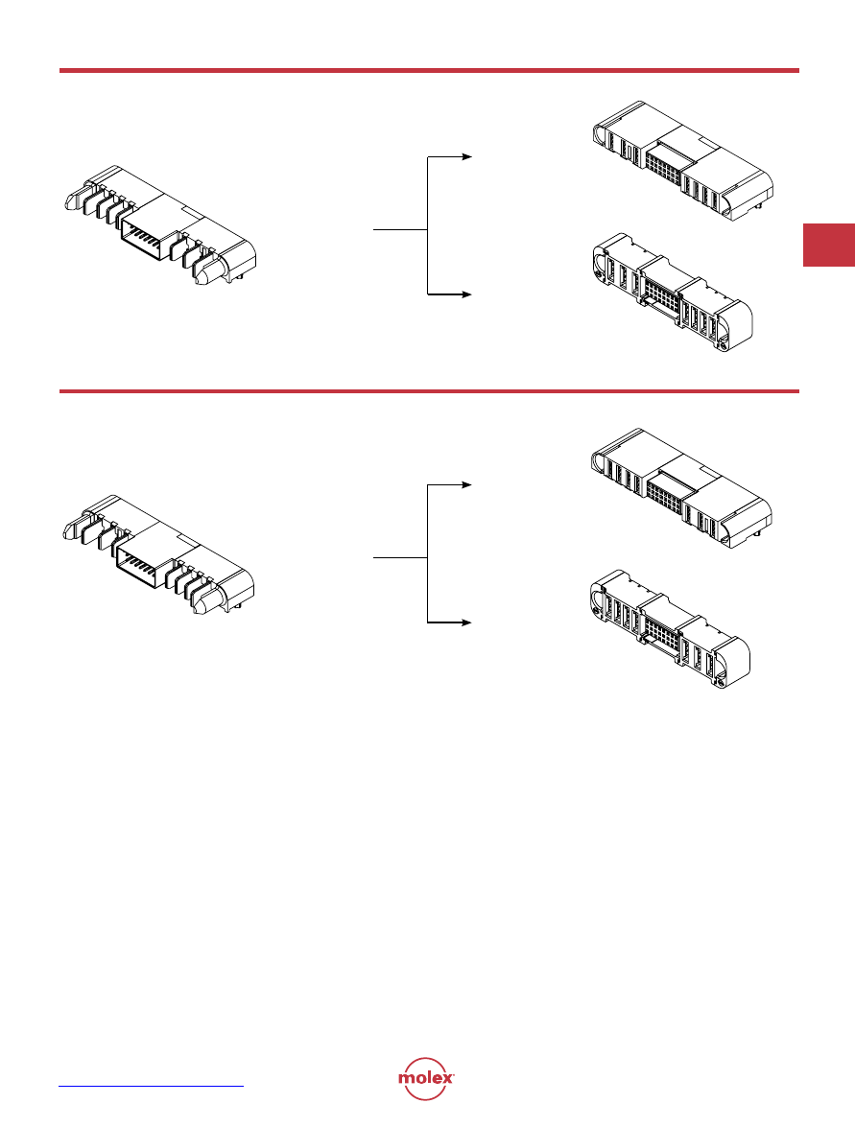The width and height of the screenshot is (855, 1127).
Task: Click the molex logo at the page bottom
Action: click(x=426, y=1078)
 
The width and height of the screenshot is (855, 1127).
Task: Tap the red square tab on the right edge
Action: click(x=828, y=246)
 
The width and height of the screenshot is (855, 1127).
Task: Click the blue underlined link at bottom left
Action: click(x=151, y=1086)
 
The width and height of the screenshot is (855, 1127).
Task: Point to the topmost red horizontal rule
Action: click(x=429, y=70)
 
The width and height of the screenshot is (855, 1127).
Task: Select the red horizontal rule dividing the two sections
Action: click(x=429, y=391)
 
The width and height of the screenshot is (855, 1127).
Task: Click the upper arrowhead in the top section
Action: click(x=467, y=156)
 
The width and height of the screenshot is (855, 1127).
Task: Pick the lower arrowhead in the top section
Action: click(x=467, y=293)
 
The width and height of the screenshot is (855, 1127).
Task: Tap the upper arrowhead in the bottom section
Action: click(x=467, y=485)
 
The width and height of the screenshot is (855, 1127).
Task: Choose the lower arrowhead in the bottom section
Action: click(x=467, y=622)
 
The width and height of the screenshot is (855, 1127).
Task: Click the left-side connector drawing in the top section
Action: click(x=159, y=225)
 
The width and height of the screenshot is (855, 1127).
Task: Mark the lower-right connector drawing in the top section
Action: click(x=672, y=292)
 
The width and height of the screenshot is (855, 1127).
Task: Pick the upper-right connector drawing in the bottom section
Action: click(x=681, y=489)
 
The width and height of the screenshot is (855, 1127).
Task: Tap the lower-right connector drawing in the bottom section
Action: click(x=670, y=629)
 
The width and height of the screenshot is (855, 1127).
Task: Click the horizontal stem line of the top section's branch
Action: click(x=400, y=230)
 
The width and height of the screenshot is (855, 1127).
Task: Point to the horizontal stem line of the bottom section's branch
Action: click(x=400, y=558)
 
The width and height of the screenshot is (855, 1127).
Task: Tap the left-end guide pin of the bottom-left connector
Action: click(x=74, y=528)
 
